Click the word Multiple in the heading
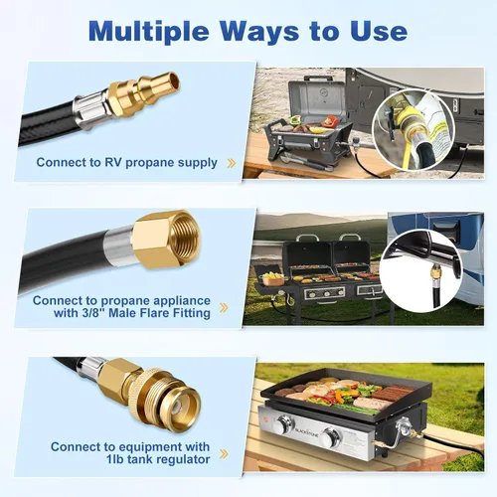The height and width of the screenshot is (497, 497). [x=149, y=32]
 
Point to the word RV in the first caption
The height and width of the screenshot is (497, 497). [x=114, y=162]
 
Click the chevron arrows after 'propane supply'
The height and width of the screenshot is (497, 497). [x=232, y=163]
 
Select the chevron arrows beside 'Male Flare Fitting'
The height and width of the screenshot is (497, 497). [x=224, y=308]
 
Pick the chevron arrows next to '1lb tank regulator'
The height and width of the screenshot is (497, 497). [x=224, y=454]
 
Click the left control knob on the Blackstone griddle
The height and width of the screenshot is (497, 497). [x=285, y=425]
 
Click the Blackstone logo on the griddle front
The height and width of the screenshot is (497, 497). [x=307, y=431]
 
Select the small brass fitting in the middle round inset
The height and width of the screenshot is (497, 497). [x=434, y=274]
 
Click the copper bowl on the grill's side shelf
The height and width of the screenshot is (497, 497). [x=273, y=281]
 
